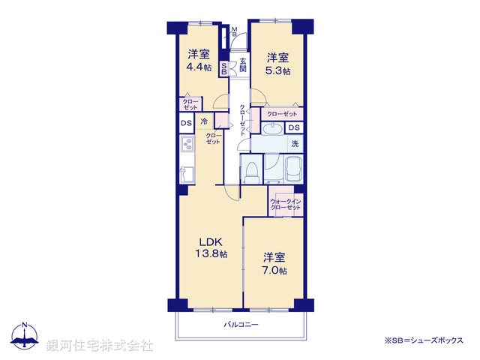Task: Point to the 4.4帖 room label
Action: click(198, 61)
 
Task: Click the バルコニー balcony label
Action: click(241, 325)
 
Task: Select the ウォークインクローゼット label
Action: click(286, 205)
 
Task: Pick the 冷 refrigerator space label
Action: click(203, 121)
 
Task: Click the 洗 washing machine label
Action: click(295, 143)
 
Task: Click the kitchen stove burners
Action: click(185, 144)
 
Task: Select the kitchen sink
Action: click(186, 175)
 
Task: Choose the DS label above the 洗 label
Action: click(293, 128)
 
